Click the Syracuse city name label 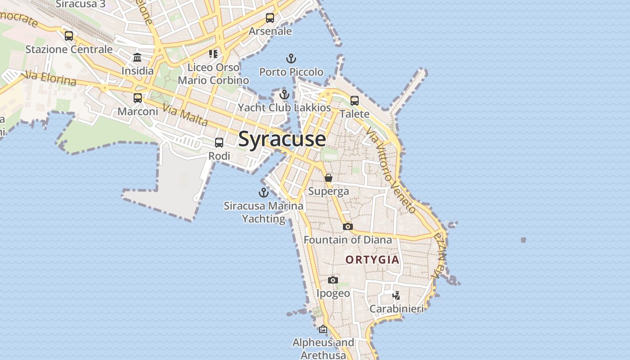click(282, 139)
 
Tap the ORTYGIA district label click(372, 260)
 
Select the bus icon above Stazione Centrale click(69, 36)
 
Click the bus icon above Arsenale click(270, 18)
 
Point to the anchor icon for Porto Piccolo click(291, 58)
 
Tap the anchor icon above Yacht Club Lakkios click(284, 94)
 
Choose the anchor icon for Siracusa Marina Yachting click(263, 193)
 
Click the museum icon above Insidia click(137, 58)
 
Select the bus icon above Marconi click(138, 98)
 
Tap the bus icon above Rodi click(219, 143)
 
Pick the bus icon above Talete click(355, 101)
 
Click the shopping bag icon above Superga click(328, 178)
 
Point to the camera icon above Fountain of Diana click(347, 226)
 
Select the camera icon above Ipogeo click(333, 280)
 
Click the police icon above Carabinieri click(396, 295)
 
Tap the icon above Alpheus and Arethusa click(323, 329)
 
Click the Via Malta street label click(185, 115)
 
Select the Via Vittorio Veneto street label click(391, 170)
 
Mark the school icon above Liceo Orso click(213, 54)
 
